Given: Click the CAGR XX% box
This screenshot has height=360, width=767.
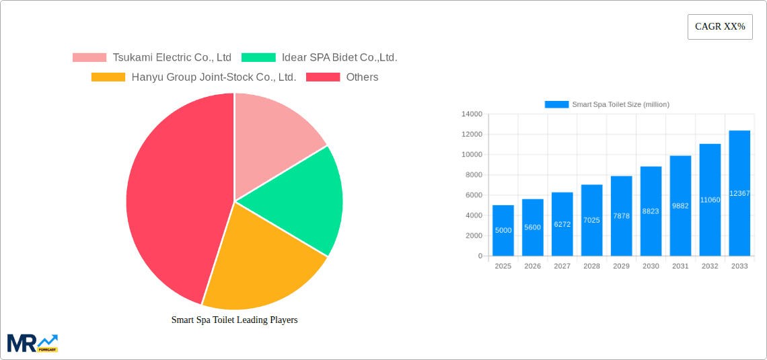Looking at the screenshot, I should [x=720, y=27].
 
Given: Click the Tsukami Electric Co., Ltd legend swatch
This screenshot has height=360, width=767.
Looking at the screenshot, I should [x=89, y=58].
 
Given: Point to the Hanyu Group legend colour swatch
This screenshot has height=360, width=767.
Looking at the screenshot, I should [x=108, y=77].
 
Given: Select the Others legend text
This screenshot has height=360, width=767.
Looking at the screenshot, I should [x=362, y=77].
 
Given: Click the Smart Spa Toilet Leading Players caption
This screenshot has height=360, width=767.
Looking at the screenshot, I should [x=234, y=320].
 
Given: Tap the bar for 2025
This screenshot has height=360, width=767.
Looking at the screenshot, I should [x=503, y=230].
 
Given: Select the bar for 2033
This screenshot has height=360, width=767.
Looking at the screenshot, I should [x=739, y=193].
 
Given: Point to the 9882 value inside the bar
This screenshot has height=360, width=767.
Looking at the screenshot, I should [x=680, y=206].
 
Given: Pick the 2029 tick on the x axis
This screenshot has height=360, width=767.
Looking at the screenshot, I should [x=621, y=266].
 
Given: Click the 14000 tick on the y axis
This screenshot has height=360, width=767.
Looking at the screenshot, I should [x=472, y=114].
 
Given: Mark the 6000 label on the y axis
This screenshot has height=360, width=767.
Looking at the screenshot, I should [x=474, y=195].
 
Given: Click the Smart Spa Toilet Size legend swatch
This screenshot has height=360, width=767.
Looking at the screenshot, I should [x=556, y=104].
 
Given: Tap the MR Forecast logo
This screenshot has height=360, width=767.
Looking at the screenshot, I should [x=32, y=343].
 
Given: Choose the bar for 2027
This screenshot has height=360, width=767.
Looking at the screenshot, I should [x=562, y=224].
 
